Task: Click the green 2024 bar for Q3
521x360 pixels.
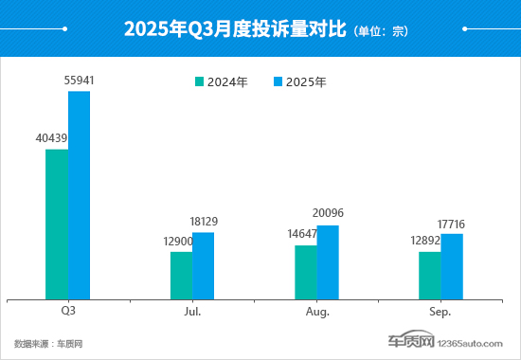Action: tap(57, 224)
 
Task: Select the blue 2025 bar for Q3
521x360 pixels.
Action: tap(79, 194)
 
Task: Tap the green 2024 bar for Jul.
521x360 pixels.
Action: tap(181, 275)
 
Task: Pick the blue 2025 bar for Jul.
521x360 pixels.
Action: tap(203, 265)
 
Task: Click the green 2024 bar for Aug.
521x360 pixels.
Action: tap(305, 272)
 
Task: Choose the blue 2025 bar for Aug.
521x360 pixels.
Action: tap(327, 261)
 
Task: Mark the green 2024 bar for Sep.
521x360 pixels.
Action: tap(430, 275)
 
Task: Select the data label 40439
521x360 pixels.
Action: tap(51, 138)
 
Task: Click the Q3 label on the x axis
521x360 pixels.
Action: tap(68, 312)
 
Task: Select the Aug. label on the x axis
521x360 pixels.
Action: tap(317, 312)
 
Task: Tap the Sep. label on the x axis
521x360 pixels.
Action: tap(440, 312)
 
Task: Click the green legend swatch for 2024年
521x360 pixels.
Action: tap(200, 82)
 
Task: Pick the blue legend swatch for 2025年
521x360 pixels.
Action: tap(278, 82)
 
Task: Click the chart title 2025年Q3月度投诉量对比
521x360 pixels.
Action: tap(236, 29)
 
